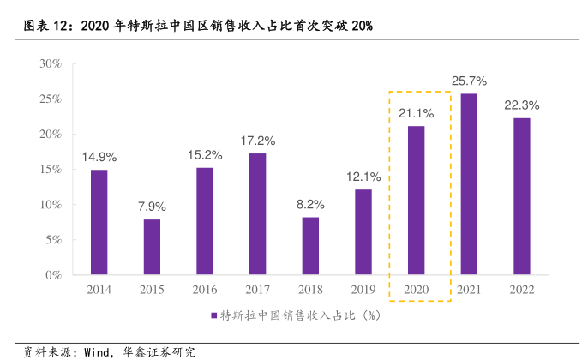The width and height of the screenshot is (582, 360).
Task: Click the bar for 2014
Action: tap(99, 223)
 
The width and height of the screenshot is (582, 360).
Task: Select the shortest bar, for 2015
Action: tap(152, 248)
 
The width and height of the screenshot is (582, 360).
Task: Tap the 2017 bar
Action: tap(258, 214)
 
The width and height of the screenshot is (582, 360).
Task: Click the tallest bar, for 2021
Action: tap(469, 184)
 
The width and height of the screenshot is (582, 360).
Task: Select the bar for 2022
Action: tap(521, 196)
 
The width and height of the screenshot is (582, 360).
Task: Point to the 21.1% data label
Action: tap(416, 113)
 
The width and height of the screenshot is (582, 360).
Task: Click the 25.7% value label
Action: tap(469, 81)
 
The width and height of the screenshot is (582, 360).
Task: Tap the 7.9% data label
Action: tap(152, 207)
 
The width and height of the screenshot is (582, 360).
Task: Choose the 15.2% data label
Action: tap(205, 155)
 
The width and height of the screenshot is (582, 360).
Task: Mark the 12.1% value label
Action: tap(363, 177)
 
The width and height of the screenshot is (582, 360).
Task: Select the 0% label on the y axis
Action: tap(53, 276)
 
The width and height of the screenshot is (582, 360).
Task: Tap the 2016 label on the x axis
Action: tap(205, 290)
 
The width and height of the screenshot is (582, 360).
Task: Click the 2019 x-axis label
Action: tap(363, 290)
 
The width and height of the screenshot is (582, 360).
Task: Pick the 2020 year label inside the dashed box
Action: tap(416, 290)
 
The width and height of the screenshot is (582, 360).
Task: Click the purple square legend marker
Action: tap(214, 315)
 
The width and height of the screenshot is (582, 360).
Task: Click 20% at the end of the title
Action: tap(361, 27)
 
